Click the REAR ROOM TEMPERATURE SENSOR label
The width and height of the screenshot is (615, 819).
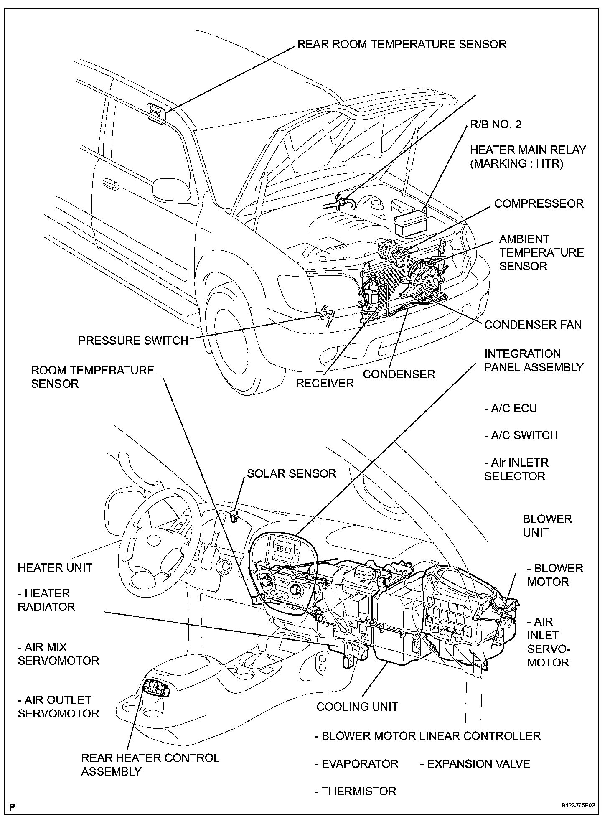(x=402, y=44)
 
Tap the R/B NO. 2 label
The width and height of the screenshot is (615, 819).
(x=496, y=125)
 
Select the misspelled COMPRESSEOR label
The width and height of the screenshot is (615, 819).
(x=539, y=204)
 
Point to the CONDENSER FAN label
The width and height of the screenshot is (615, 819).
(x=533, y=325)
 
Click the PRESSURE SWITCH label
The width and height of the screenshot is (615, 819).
(x=133, y=341)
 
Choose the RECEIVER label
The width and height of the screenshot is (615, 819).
(x=325, y=383)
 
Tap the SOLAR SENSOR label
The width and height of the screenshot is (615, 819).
(x=291, y=473)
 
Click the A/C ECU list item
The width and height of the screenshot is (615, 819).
(x=511, y=408)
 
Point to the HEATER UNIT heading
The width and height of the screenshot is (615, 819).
(x=55, y=567)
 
